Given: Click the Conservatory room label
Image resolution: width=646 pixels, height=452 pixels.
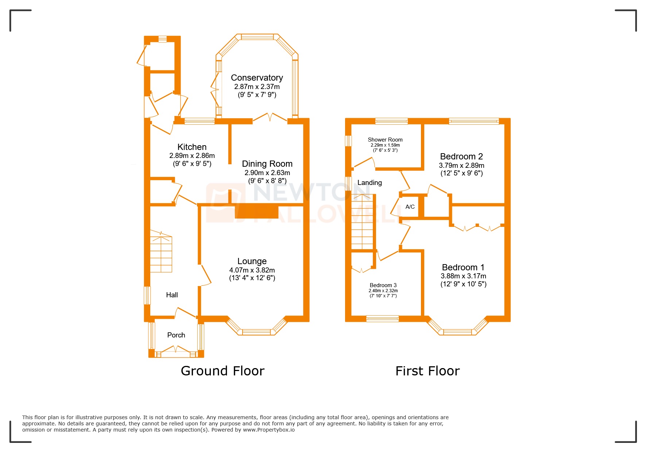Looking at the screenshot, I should click(x=257, y=78).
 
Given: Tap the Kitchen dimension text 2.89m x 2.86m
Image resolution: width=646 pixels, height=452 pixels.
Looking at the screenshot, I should click(x=192, y=156).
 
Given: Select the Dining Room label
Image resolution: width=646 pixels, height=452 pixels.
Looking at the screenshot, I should click(x=267, y=164).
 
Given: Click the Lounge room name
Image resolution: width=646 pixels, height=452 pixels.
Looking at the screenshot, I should click(x=252, y=261).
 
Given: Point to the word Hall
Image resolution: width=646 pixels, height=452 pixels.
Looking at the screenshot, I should click(x=172, y=295).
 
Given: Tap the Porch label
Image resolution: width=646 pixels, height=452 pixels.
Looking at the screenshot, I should click(x=176, y=335).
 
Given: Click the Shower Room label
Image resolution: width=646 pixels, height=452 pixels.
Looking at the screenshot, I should click(x=385, y=140).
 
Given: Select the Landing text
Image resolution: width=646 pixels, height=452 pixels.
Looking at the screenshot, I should click(x=369, y=183).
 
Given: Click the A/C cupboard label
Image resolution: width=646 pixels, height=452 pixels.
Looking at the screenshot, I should click(x=410, y=207).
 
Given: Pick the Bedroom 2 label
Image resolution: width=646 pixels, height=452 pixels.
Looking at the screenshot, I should click(x=461, y=157).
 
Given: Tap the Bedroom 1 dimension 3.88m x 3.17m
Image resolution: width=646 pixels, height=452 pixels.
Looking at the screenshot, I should click(x=463, y=276).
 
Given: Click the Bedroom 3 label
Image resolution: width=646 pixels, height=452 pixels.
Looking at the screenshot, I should click(x=383, y=285).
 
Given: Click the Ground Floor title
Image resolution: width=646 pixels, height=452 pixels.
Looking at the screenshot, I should click(x=222, y=371).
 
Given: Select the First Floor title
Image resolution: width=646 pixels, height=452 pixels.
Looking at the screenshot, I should click(x=427, y=371).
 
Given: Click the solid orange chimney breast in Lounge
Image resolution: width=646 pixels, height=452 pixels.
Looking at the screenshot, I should click(x=257, y=212).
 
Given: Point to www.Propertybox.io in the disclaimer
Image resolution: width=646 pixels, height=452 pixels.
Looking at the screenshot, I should click(x=268, y=430).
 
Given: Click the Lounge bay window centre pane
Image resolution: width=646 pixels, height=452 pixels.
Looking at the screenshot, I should click(x=256, y=332).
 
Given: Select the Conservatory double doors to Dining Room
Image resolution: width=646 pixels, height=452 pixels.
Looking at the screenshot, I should click(x=270, y=117).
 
